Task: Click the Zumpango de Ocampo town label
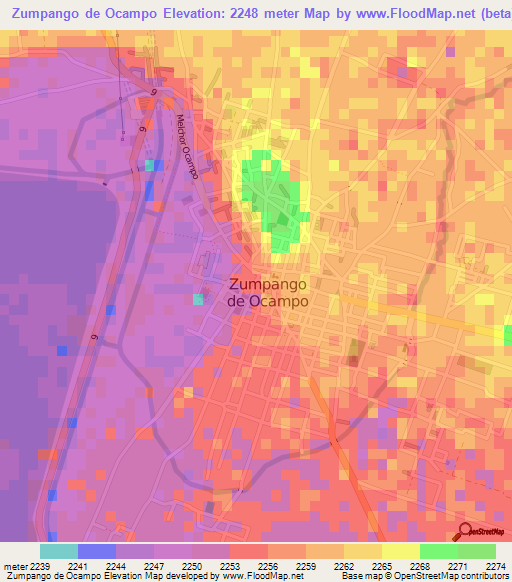(x=267, y=291)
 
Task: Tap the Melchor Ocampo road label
(x=186, y=146)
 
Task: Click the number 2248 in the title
(x=243, y=14)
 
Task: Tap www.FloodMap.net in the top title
(x=399, y=14)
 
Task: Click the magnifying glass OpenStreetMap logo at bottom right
(x=465, y=532)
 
